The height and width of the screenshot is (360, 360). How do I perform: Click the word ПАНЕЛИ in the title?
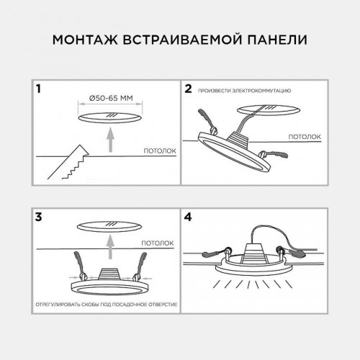click(275, 38)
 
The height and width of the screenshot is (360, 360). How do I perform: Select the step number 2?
click(188, 90)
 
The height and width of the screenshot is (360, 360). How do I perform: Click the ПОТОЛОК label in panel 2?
click(305, 135)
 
